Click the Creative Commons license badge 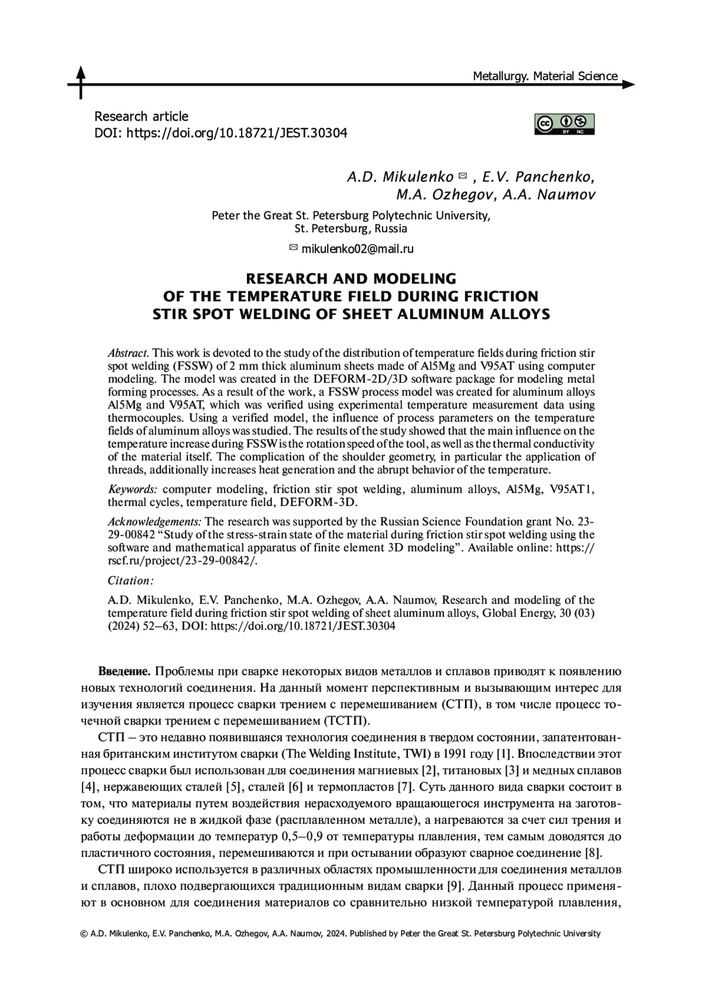coord(564,124)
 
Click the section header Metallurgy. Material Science coord(545,76)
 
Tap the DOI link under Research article coord(237,133)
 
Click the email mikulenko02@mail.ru coord(357,249)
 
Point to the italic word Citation coord(130,580)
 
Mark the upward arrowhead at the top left coord(80,71)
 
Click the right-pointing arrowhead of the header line coord(628,85)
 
